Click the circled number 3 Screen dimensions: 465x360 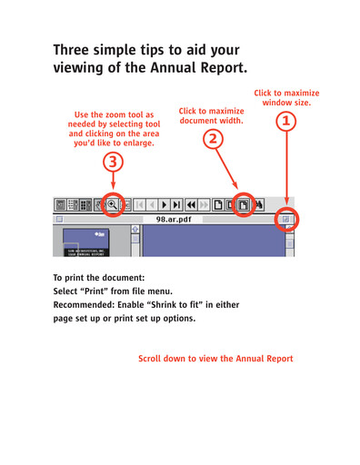[x=112, y=163]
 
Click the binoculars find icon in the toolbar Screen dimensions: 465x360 [x=259, y=204]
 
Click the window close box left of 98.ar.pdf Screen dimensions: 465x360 [x=59, y=219]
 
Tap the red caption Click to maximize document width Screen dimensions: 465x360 [x=212, y=115]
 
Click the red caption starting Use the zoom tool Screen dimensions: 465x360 [x=113, y=129]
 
